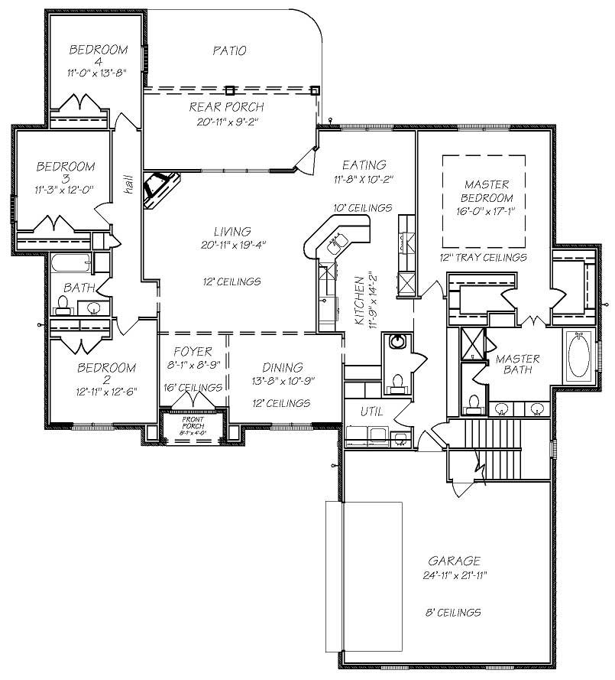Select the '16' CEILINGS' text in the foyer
[193, 388]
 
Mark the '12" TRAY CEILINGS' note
[483, 258]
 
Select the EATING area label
[364, 164]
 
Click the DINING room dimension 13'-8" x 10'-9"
[282, 380]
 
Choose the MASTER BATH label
[517, 364]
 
